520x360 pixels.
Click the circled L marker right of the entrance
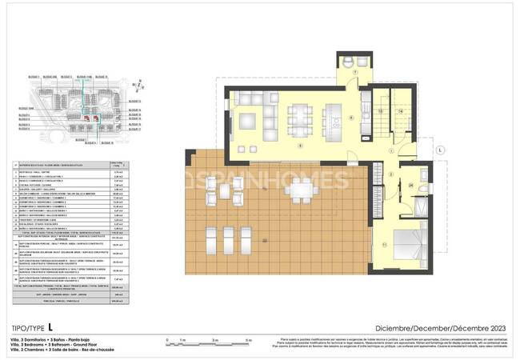(x=440, y=150)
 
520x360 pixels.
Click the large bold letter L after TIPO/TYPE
(x=50, y=327)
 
